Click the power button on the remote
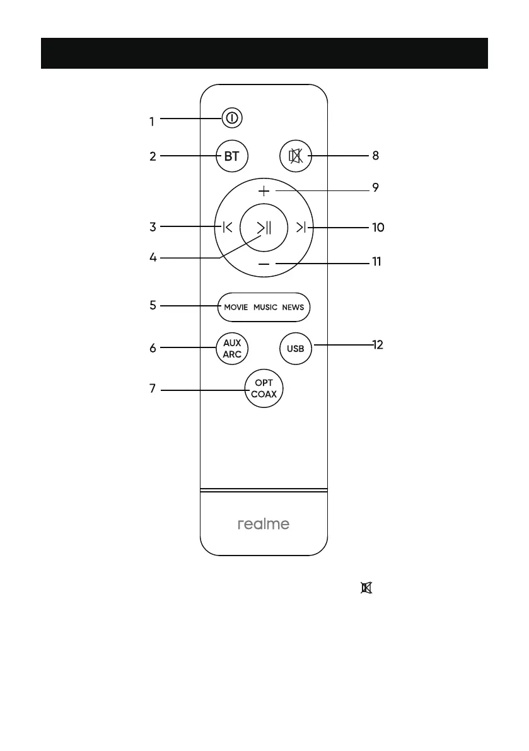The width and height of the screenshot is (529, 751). (x=232, y=118)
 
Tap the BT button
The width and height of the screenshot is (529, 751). (x=232, y=156)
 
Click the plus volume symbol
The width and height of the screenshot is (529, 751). (x=264, y=190)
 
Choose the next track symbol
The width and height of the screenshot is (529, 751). (x=301, y=227)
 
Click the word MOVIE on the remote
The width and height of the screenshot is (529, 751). (x=236, y=308)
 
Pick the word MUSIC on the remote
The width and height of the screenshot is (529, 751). (x=265, y=308)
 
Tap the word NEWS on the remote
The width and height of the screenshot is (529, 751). (x=293, y=308)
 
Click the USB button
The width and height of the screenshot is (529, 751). (x=296, y=349)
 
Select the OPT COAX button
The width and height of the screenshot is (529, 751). (x=264, y=389)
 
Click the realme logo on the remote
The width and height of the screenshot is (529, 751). (x=264, y=524)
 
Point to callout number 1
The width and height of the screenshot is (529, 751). (x=152, y=122)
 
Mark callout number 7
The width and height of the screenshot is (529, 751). (x=152, y=388)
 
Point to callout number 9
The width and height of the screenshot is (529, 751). (x=375, y=188)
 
